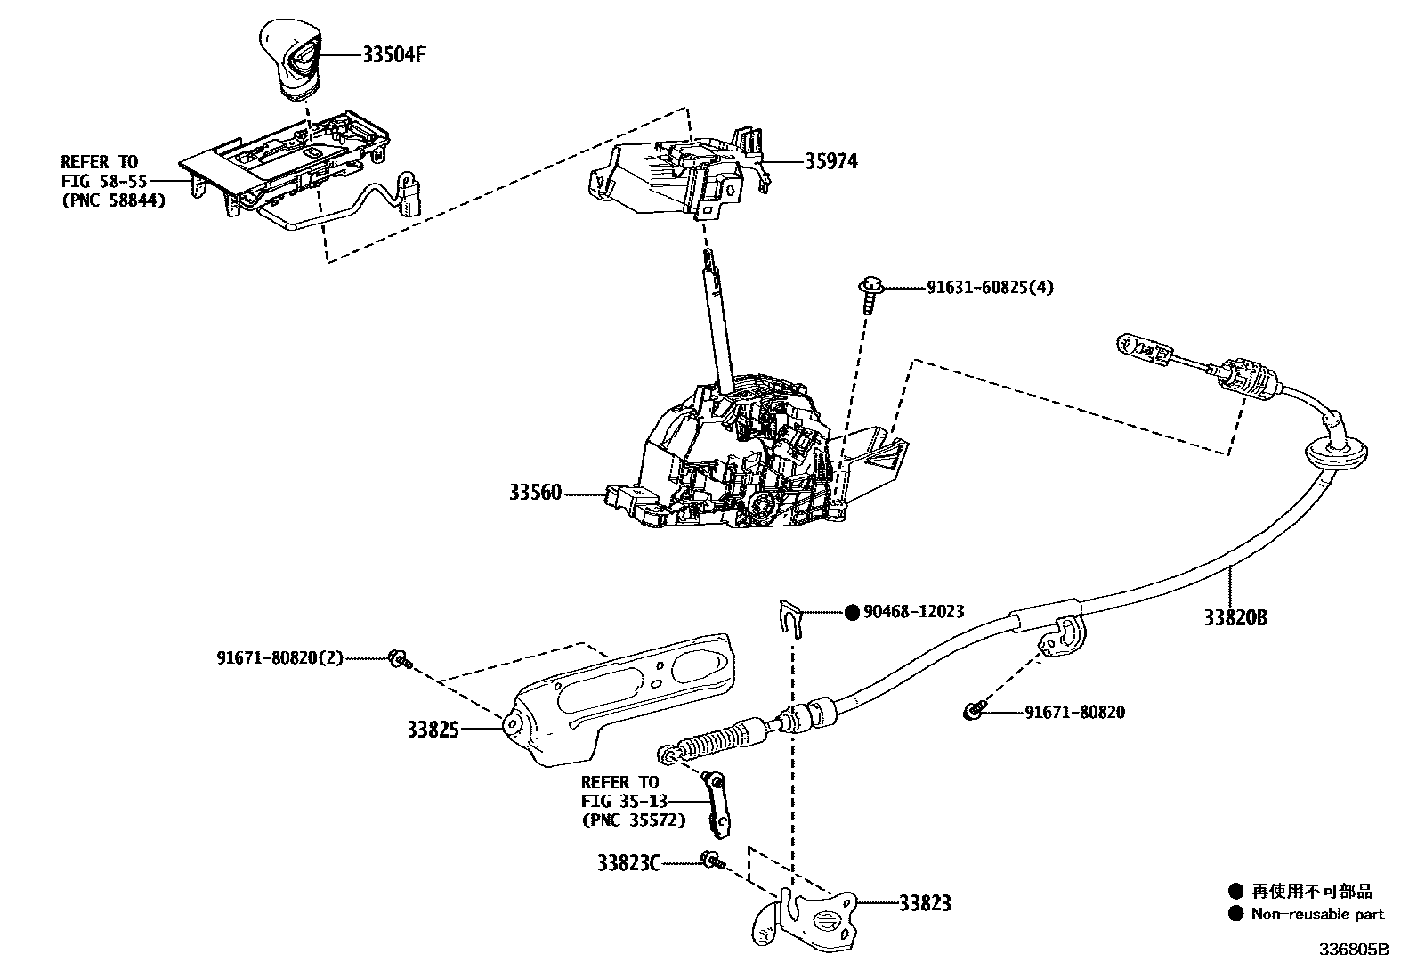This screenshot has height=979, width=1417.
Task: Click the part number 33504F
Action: click(394, 54)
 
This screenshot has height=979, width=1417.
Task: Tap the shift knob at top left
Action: click(290, 57)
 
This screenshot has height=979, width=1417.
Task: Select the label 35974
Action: click(831, 161)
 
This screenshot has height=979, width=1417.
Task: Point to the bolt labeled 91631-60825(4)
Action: click(870, 293)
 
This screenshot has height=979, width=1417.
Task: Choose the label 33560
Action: click(536, 492)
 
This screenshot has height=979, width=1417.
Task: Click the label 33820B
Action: click(1235, 617)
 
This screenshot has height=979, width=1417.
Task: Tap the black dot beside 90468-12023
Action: click(852, 612)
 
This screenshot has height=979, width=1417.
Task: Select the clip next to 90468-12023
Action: click(789, 616)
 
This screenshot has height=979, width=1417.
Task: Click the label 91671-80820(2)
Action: click(279, 657)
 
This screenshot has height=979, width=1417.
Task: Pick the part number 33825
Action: click(433, 730)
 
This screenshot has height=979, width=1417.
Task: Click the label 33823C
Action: click(629, 862)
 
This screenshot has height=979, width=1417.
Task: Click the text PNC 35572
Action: click(633, 820)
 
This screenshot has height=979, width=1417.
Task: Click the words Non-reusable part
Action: click(1317, 914)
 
